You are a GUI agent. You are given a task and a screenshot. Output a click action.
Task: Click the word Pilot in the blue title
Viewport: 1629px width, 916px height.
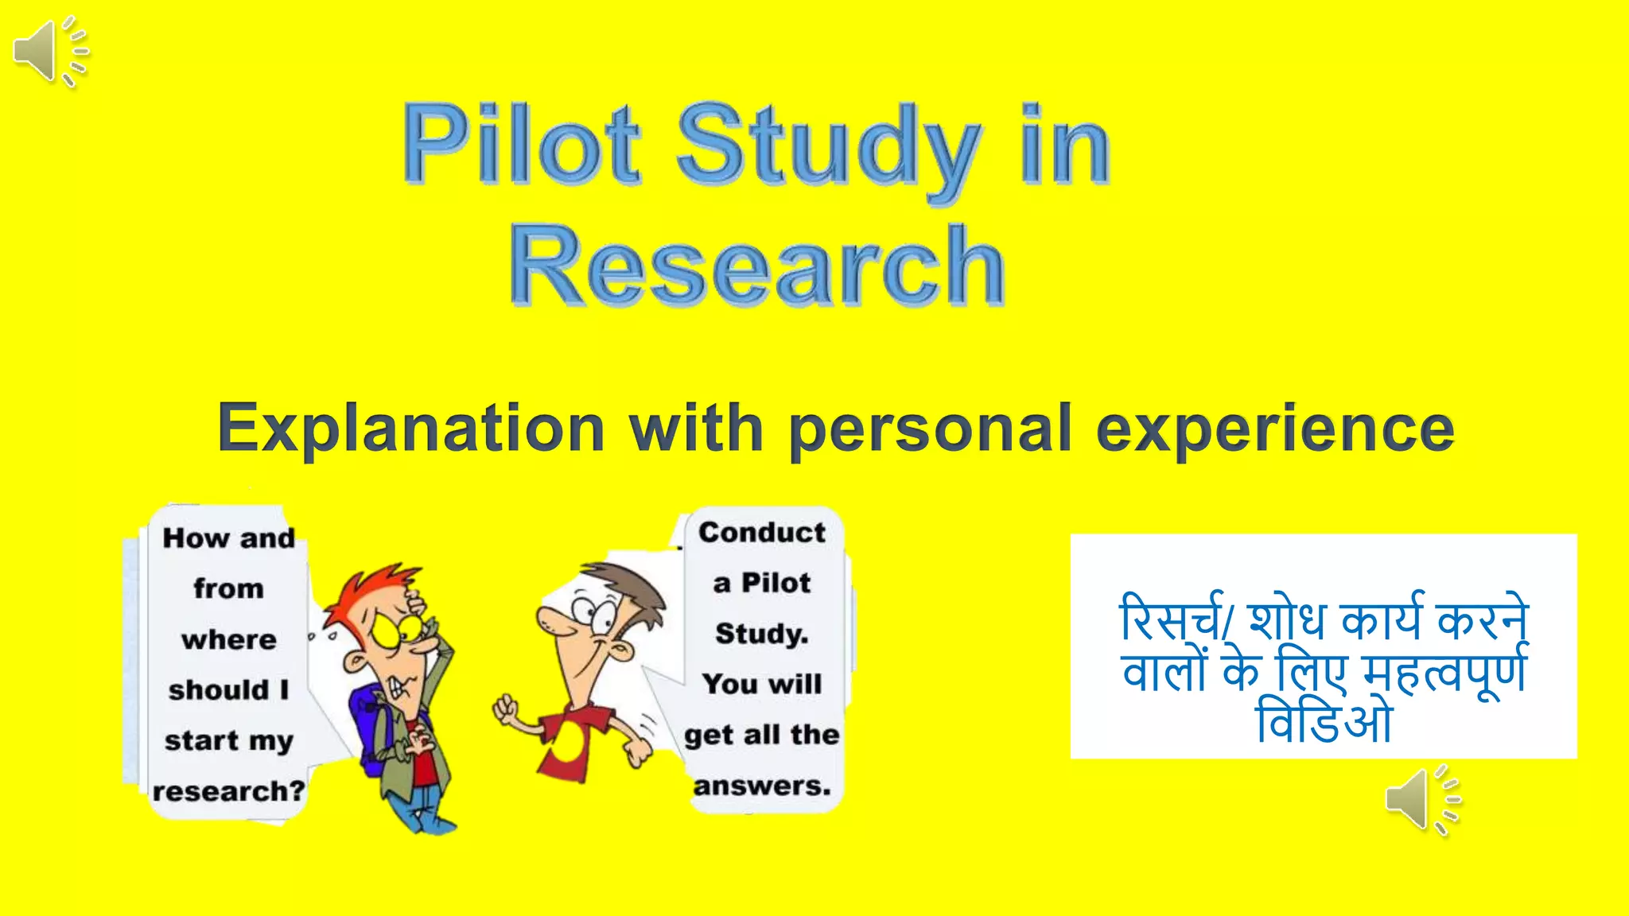click(x=521, y=145)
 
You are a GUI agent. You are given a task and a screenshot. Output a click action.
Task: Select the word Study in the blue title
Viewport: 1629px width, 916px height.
click(x=827, y=147)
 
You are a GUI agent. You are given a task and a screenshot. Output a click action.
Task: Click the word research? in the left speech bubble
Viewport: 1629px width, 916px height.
click(x=229, y=791)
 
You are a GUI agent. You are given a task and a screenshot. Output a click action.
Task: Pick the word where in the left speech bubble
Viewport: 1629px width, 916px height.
click(x=229, y=639)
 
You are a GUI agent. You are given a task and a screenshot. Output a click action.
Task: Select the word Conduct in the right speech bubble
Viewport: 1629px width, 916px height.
click(x=762, y=532)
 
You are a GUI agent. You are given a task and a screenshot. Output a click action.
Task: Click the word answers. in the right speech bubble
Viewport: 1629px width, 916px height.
click(x=762, y=786)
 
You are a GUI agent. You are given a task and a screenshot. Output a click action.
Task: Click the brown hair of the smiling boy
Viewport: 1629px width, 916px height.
click(x=628, y=584)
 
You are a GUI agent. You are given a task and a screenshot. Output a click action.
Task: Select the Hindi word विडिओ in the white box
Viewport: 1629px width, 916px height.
click(x=1324, y=722)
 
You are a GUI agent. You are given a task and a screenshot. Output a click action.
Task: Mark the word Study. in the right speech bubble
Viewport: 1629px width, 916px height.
click(x=762, y=634)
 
